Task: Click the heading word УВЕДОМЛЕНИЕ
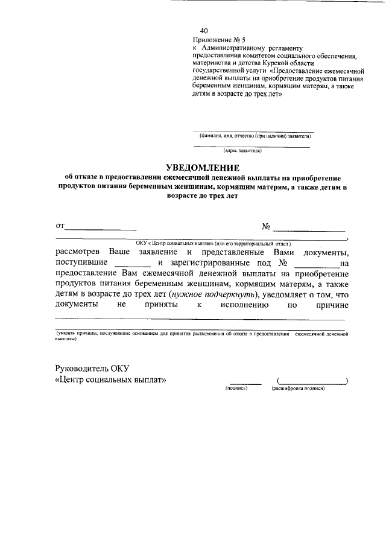point(203,167)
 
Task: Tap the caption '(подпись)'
point(237,388)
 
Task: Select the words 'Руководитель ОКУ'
point(92,368)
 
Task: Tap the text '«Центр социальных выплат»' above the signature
point(110,380)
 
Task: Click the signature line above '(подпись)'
point(245,383)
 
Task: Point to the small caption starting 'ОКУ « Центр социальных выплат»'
point(214,243)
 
